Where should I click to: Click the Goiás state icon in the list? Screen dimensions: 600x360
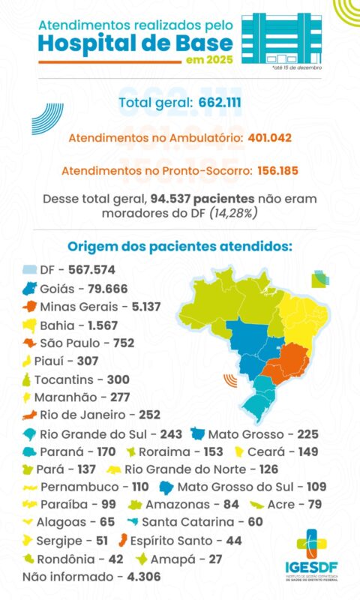point(30,288)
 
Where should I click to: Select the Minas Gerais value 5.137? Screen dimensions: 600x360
point(140,307)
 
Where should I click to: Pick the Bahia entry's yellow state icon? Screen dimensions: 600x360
point(30,325)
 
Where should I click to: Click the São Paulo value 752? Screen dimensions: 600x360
point(124,343)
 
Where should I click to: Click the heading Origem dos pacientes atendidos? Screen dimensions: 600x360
point(179,247)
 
